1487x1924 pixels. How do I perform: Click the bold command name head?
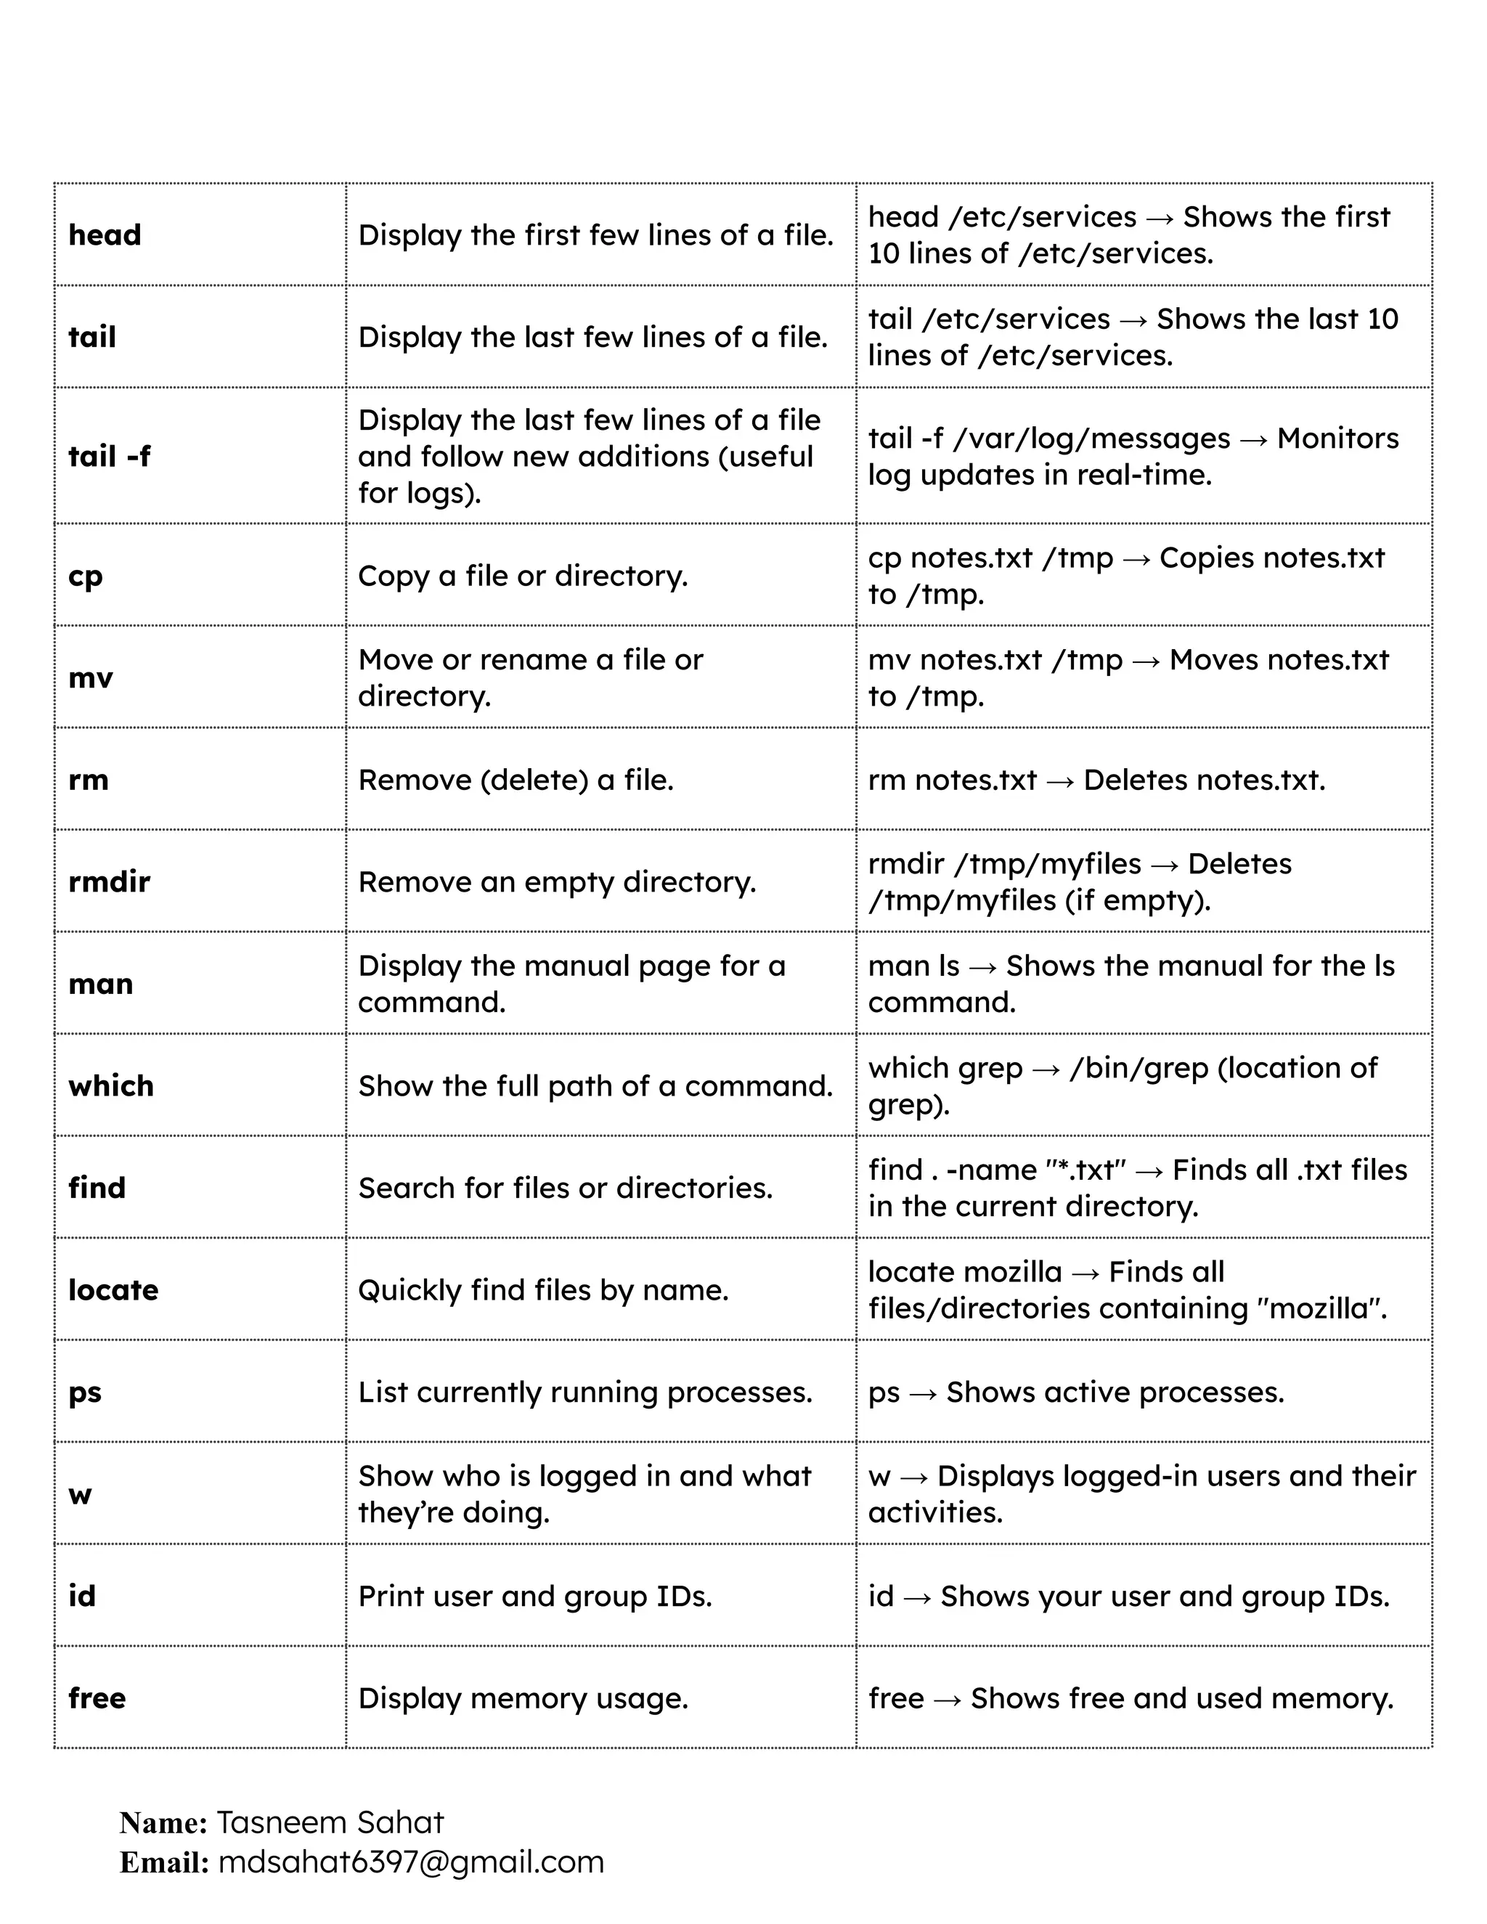point(105,235)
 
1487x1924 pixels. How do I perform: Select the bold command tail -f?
point(109,457)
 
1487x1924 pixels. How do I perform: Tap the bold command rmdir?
point(109,882)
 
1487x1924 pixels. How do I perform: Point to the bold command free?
point(97,1697)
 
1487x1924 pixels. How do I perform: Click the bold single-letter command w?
point(80,1494)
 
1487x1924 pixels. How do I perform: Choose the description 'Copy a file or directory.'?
point(522,576)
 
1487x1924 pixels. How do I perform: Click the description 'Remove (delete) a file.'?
point(516,780)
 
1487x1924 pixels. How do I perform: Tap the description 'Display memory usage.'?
point(522,1697)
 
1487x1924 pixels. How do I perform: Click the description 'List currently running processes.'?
point(585,1392)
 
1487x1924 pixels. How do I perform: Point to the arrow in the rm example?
point(1060,781)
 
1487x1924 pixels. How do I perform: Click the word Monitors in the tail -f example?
point(1337,438)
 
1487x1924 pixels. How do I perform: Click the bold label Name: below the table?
point(163,1822)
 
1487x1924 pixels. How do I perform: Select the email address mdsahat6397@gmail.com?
point(410,1862)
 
